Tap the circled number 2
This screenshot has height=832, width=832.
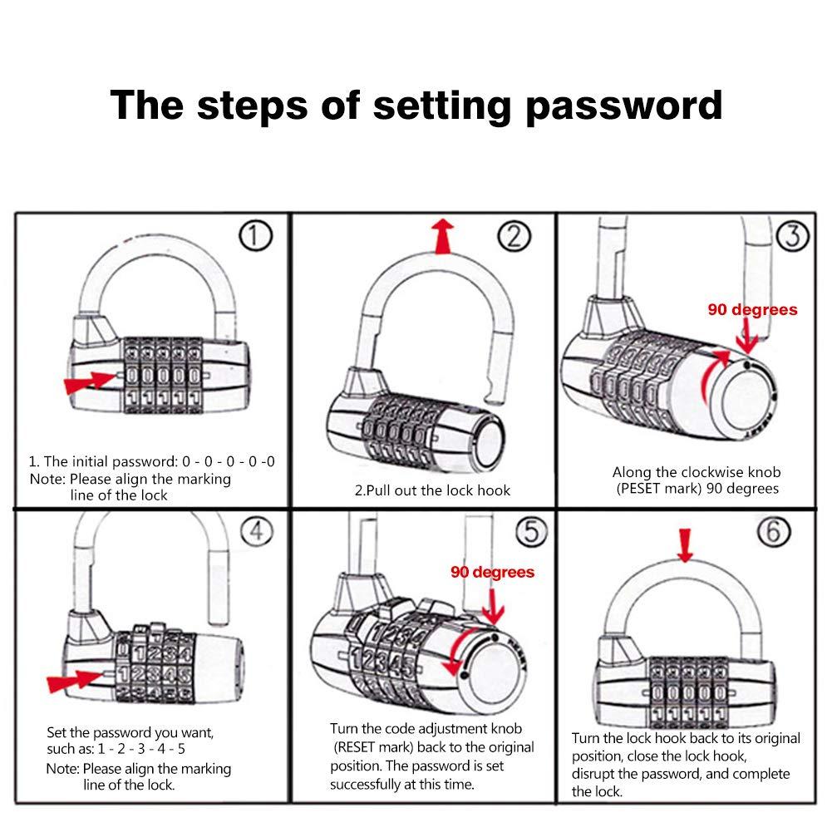point(514,237)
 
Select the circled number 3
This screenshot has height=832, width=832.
point(793,237)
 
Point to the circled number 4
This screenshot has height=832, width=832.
point(257,530)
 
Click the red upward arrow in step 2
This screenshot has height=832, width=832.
point(446,235)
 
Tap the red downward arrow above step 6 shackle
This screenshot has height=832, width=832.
point(684,544)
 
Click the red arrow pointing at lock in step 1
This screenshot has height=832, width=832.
point(90,382)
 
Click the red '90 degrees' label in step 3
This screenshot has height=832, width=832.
point(752,310)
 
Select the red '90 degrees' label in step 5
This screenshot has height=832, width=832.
point(493,572)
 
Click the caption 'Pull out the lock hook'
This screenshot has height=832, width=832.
point(432,490)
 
